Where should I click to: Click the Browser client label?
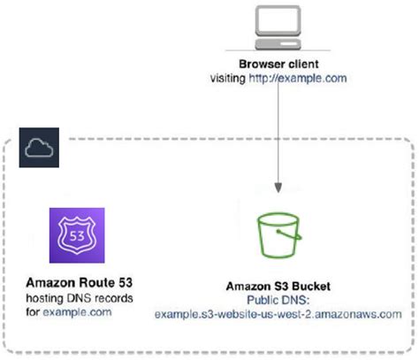click(279, 65)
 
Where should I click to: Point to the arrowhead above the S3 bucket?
click(279, 189)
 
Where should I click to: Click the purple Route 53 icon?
click(77, 235)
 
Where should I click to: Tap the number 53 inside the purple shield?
click(77, 235)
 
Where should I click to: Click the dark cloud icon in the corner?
click(37, 149)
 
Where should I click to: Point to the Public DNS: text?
click(278, 299)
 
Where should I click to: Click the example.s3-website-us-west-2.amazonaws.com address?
click(278, 313)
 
